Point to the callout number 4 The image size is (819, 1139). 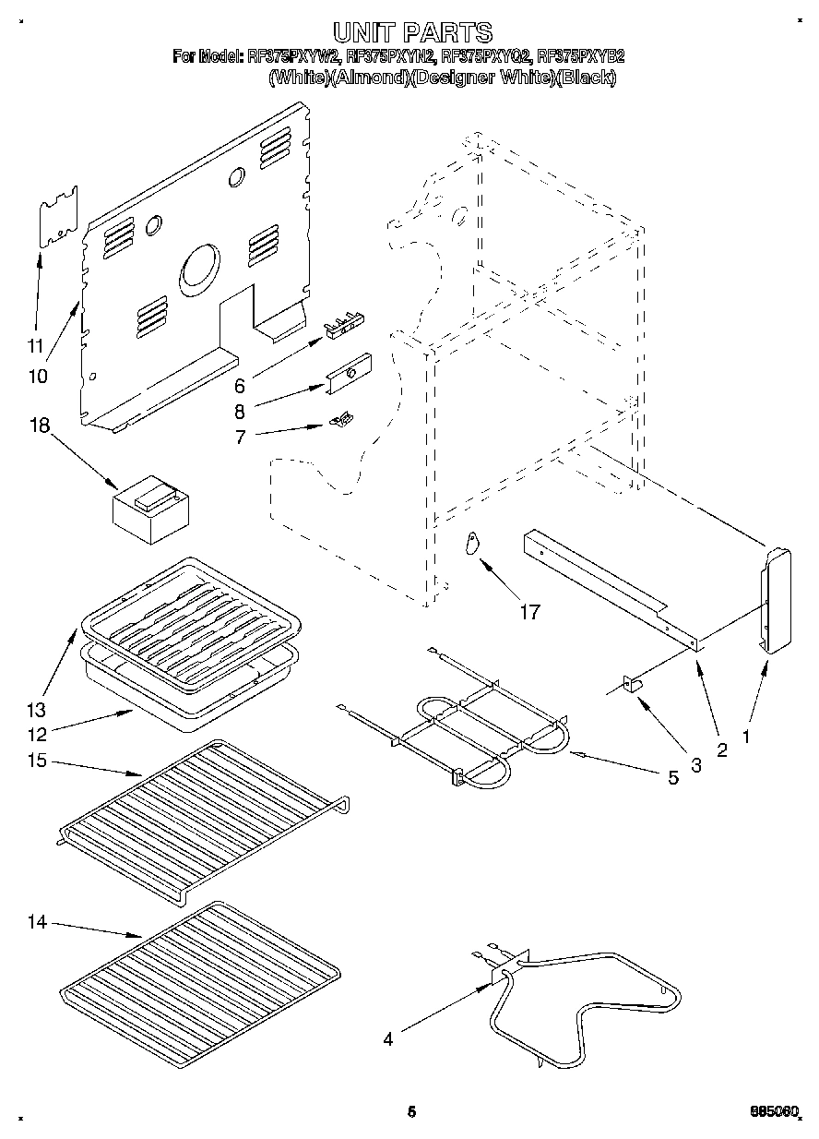388,1039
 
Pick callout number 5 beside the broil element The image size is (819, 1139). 672,778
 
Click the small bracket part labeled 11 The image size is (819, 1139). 58,218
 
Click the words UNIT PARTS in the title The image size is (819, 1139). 411,32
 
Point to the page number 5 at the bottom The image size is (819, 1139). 411,1112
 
